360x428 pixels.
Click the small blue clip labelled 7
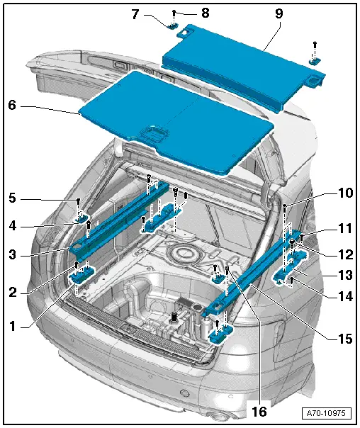173,26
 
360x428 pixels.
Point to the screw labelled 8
174,13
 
